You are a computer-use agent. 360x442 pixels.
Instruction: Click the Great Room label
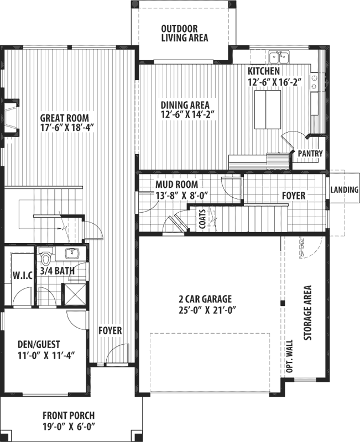pos(64,118)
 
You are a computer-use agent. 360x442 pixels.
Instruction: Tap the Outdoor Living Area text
pos(184,33)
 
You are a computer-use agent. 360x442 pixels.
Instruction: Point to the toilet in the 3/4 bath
pos(46,258)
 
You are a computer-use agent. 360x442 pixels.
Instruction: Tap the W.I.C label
pos(20,275)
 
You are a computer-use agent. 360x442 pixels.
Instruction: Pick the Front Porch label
pos(69,415)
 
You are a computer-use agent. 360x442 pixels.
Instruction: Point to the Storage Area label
pos(308,313)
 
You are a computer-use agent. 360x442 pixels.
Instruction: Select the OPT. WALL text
pos(290,357)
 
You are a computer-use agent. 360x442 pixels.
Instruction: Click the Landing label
pos(345,190)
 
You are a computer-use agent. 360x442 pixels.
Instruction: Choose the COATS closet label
pos(202,219)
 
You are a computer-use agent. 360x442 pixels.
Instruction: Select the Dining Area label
pos(187,104)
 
